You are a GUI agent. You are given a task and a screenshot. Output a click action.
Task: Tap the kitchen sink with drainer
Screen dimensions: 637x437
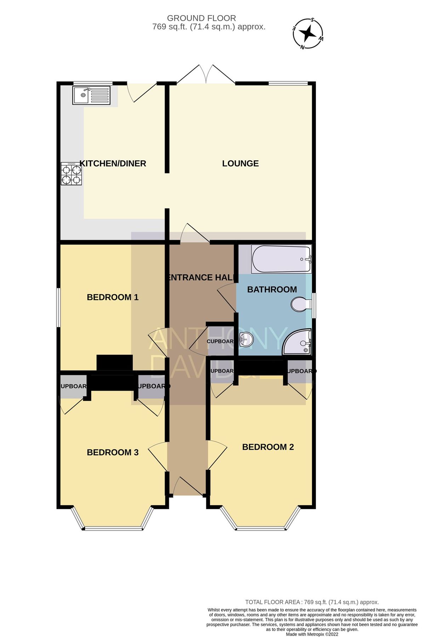(91, 95)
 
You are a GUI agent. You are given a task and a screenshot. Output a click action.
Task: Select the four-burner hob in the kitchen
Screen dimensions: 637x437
(71, 174)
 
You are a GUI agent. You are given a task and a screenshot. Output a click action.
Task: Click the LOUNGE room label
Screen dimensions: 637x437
(240, 163)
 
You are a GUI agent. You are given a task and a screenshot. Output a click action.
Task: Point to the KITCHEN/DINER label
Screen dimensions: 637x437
(113, 163)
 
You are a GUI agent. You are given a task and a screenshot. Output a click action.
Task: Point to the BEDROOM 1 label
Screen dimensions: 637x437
(113, 297)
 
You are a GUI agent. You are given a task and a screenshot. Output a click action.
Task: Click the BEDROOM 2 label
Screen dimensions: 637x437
(268, 447)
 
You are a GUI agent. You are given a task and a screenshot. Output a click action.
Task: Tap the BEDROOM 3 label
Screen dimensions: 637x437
(113, 452)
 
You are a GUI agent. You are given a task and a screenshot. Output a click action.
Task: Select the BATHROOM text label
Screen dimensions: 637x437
(272, 289)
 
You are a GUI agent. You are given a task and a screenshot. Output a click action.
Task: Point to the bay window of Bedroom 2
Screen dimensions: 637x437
(261, 529)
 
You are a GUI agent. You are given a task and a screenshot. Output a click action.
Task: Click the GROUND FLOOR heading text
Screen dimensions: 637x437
(201, 18)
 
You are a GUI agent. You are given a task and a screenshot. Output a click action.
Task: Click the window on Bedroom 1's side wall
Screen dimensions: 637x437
(58, 307)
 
